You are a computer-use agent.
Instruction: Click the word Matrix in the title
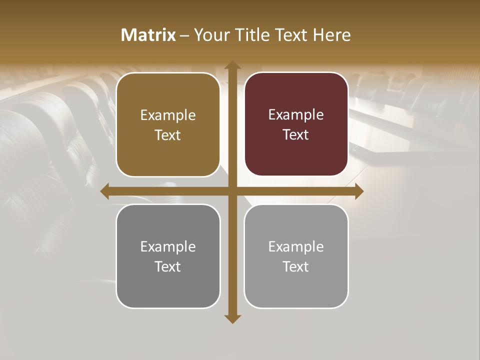148,35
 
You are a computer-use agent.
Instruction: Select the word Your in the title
210,35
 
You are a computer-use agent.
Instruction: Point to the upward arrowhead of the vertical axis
232,65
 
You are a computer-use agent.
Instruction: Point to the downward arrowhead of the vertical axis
232,318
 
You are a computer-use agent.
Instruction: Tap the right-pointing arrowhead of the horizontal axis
359,191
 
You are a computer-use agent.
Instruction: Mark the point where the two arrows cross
232,191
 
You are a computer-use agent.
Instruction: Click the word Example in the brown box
168,115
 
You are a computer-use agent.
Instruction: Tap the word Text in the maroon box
296,135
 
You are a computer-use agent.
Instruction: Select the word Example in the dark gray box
168,246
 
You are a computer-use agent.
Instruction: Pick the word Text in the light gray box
296,266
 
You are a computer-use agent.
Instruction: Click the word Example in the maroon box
296,115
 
